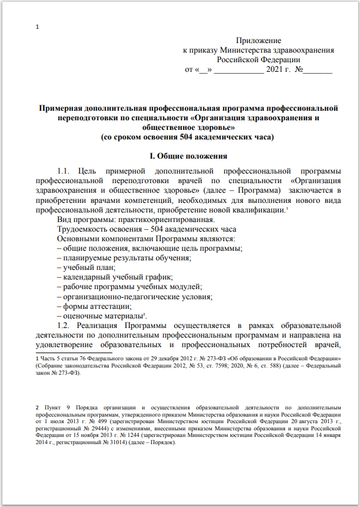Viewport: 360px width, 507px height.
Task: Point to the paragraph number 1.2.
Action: (x=65, y=325)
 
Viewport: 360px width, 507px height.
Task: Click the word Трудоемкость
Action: (x=84, y=229)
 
